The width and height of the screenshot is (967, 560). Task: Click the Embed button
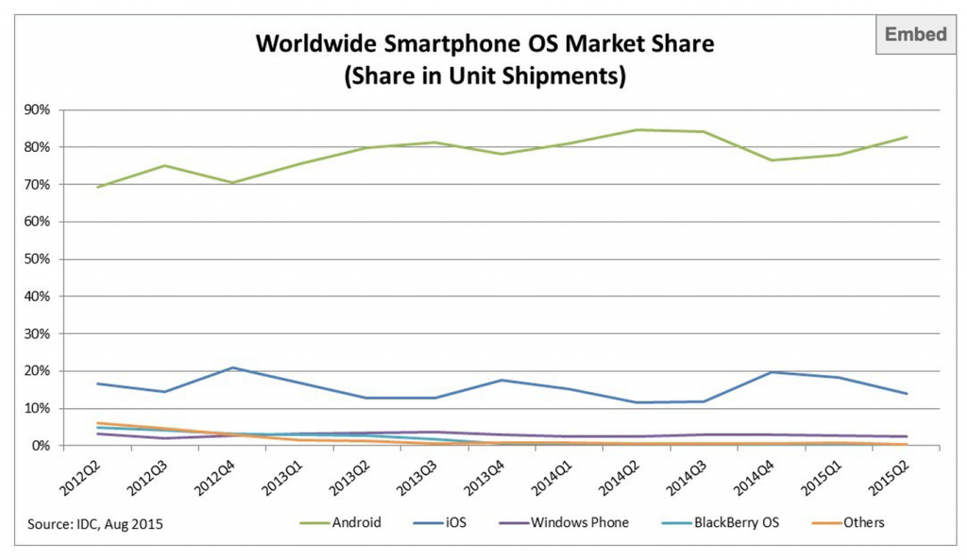[915, 35]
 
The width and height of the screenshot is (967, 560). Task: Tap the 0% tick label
[42, 446]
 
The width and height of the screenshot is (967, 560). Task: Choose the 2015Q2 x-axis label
[889, 478]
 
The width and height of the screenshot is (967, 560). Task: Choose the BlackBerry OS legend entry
[736, 522]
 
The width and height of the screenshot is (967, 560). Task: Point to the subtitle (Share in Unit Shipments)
[485, 76]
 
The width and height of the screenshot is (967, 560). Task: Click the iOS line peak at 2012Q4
[233, 367]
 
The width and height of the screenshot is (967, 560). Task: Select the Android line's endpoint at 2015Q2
[908, 137]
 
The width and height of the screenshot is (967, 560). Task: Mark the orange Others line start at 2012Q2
[96, 423]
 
